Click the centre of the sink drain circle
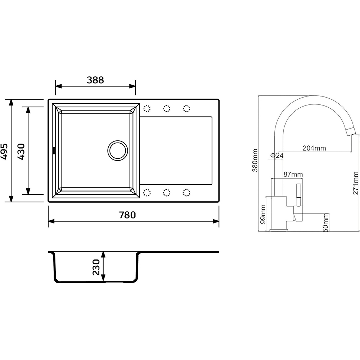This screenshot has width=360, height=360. [118, 150]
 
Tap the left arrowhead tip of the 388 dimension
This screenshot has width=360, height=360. [55, 86]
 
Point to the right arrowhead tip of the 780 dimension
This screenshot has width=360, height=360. [219, 221]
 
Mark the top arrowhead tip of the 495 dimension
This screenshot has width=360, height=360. [11, 100]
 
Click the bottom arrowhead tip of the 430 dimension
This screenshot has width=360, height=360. [28, 194]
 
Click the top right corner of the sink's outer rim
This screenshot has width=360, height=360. [219, 99]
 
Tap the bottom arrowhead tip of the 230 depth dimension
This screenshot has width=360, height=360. [103, 281]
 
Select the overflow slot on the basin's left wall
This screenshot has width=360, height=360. [54, 150]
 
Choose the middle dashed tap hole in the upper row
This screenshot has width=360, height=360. [167, 108]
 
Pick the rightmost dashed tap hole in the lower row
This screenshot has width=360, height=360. [186, 193]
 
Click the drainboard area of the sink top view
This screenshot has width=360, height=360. [176, 150]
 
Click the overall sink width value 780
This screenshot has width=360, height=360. [127, 215]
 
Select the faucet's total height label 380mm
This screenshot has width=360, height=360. [255, 160]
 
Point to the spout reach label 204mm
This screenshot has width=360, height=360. [314, 148]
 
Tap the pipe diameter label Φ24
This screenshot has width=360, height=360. [277, 156]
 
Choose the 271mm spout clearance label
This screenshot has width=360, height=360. [356, 183]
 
